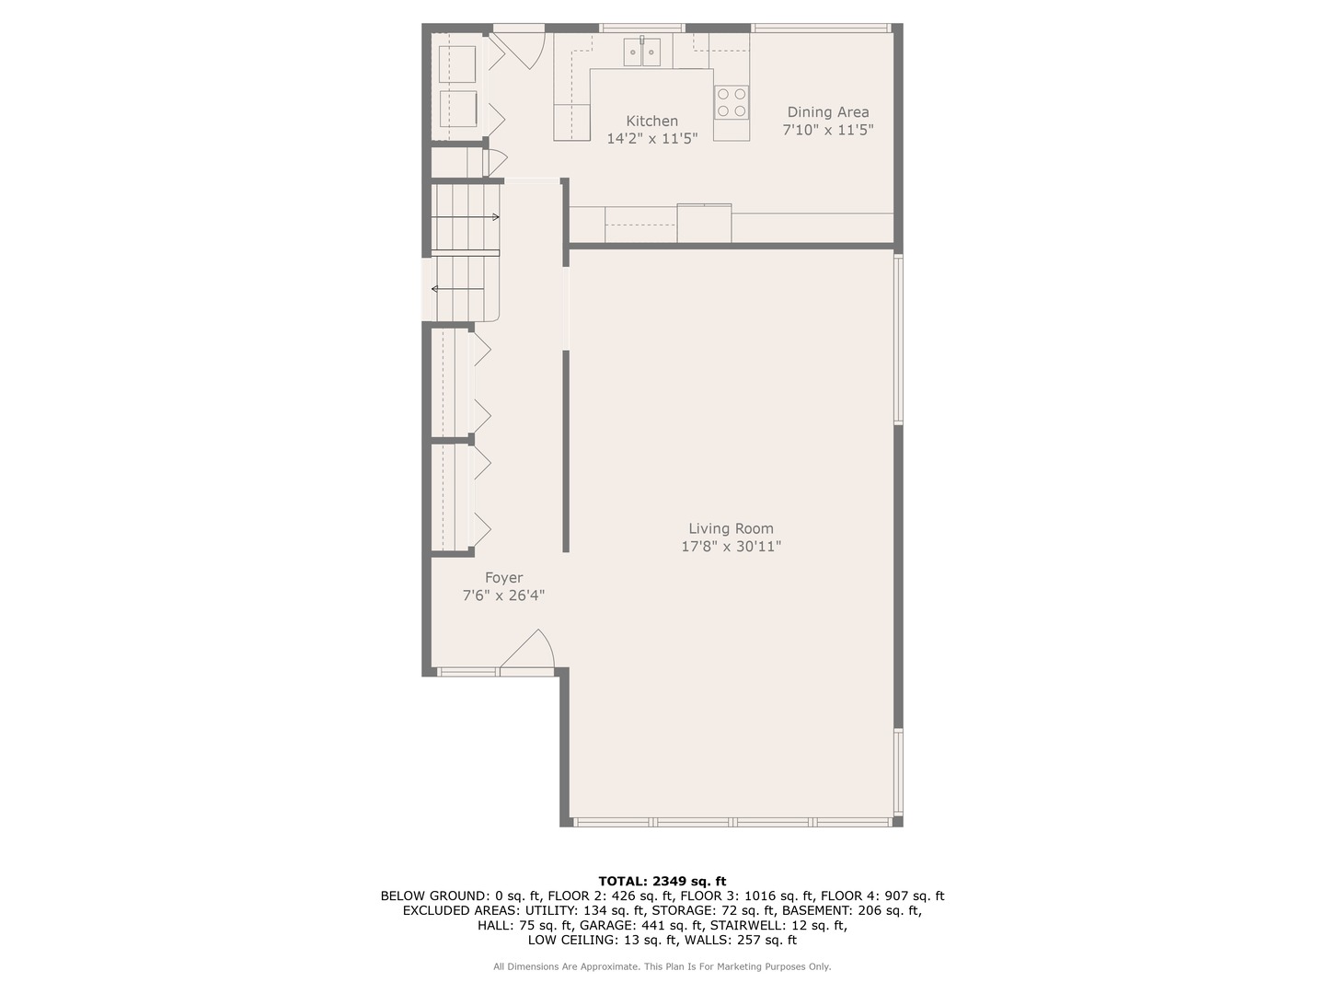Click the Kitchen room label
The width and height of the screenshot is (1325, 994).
[x=651, y=121]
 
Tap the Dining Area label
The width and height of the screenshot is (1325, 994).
[x=827, y=112]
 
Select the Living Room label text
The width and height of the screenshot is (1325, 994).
[x=731, y=528]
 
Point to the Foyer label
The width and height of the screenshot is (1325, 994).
[x=503, y=578]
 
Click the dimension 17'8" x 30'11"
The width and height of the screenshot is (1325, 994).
[x=731, y=547]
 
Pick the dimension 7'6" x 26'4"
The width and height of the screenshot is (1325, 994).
[x=503, y=595]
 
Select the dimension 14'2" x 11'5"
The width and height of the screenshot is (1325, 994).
[x=651, y=139]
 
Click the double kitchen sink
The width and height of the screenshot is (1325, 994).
[x=642, y=52]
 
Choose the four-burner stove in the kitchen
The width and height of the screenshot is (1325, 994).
[x=732, y=102]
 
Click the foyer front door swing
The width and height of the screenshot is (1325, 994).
[x=529, y=652]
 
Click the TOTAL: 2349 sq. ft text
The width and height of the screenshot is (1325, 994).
[x=662, y=881]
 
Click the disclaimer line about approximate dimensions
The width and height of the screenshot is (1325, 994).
[x=662, y=966]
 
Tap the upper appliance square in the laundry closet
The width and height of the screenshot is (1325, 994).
[x=457, y=64]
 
